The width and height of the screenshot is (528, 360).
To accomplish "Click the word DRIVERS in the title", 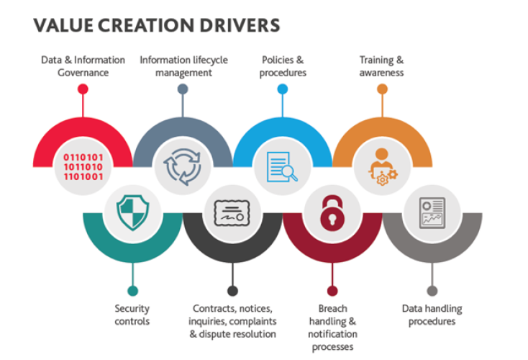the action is click(240, 25).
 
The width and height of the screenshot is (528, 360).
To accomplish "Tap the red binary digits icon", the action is click(83, 167).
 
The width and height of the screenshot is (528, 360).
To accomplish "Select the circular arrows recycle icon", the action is click(182, 166).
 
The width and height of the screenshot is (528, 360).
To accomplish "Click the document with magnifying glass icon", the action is click(282, 167).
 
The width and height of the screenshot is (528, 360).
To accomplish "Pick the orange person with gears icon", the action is click(383, 166).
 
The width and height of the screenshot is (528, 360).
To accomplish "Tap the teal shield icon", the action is click(132, 212).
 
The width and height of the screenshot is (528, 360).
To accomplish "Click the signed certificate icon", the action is click(232, 213).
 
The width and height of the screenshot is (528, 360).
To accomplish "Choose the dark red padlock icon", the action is click(332, 213).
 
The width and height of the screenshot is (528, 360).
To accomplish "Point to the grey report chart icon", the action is click(432, 213).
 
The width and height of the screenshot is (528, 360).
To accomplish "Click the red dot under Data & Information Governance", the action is click(83, 89).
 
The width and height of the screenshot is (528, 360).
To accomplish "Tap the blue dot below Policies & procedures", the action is click(283, 89).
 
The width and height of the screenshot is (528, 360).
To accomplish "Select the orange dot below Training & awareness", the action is click(382, 89).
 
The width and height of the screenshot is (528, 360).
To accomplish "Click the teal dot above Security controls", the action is click(132, 291).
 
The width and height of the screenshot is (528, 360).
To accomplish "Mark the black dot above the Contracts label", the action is click(232, 291).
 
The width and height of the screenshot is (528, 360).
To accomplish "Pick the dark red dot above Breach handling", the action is click(332, 291).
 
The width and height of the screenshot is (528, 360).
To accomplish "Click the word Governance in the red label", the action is click(83, 73).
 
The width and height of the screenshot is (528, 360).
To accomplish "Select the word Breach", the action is click(332, 308).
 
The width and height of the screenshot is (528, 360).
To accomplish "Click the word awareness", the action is click(381, 73).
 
